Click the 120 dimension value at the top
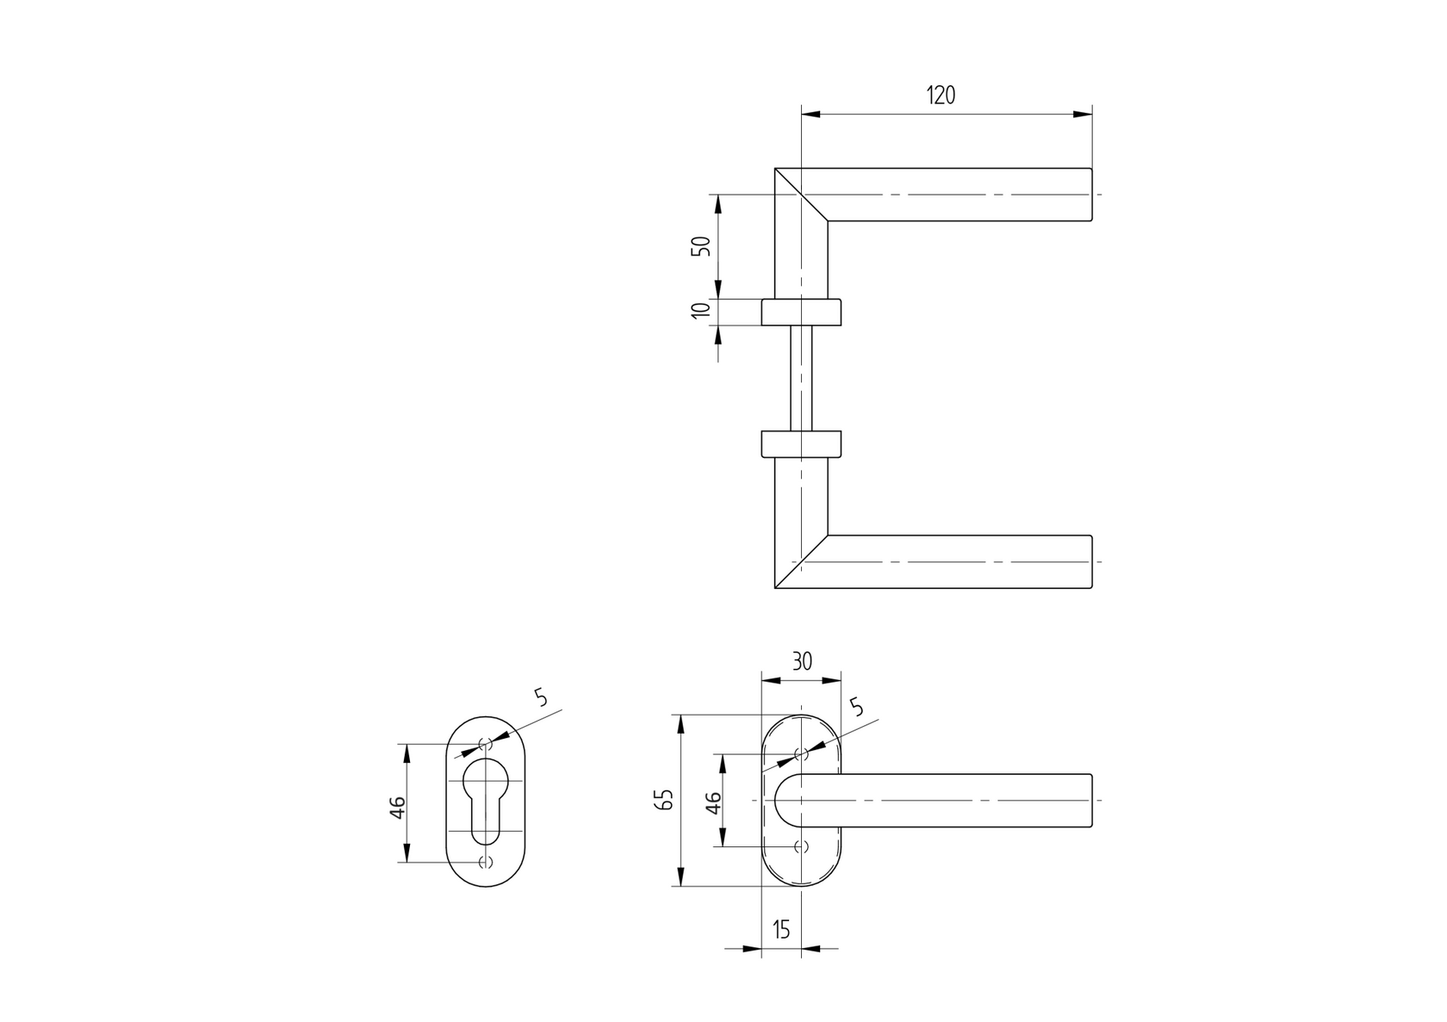click(941, 96)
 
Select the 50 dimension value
click(702, 245)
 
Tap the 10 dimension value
click(702, 310)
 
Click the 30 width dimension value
click(801, 661)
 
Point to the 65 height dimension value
click(663, 800)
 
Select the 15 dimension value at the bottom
click(781, 929)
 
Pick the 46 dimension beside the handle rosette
click(713, 802)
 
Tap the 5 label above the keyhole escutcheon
click(540, 697)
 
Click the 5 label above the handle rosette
click(856, 707)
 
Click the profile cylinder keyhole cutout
click(487, 797)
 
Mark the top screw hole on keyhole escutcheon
click(486, 743)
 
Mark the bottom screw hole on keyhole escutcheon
click(486, 862)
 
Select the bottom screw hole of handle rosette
click(802, 846)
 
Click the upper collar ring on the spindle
click(801, 312)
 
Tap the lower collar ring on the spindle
click(801, 443)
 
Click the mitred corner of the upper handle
click(801, 195)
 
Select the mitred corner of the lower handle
click(801, 562)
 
